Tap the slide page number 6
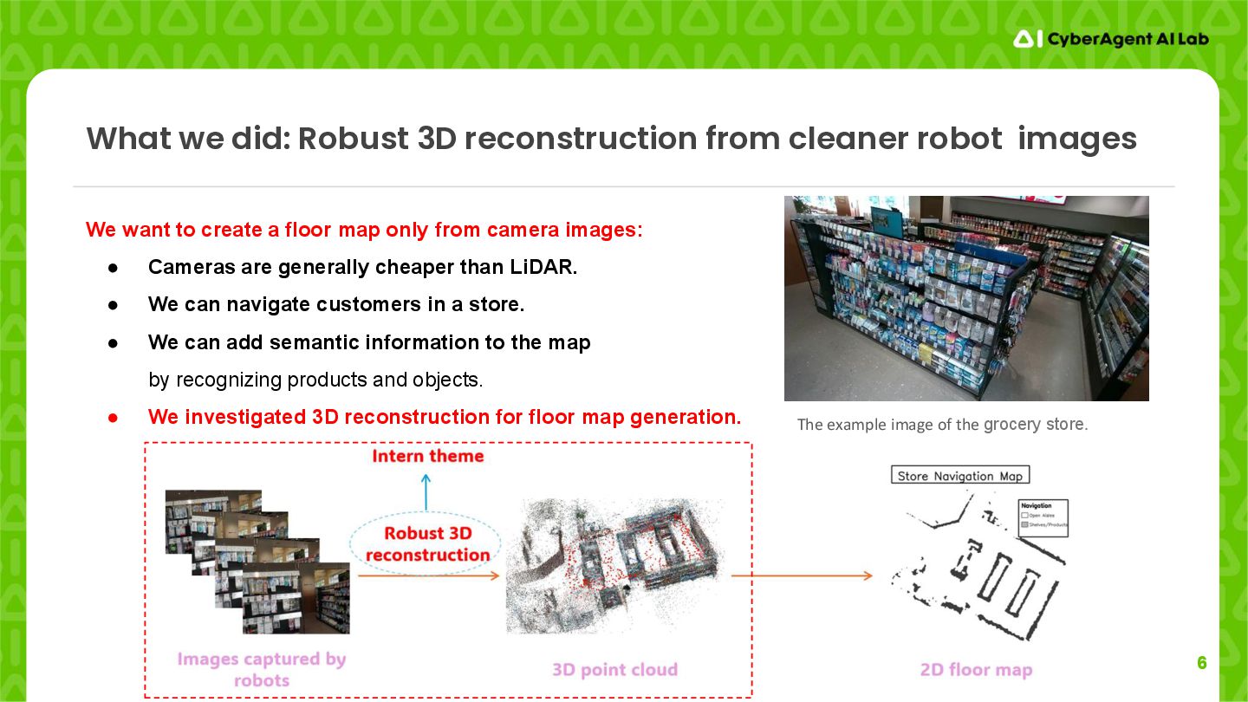1201,663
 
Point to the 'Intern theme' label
427,456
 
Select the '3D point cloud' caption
614,670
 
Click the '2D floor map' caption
976,670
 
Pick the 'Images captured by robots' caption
261,669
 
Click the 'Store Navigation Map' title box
960,475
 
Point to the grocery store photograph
966,298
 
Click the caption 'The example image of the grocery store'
942,425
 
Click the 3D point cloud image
614,563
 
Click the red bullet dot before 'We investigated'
113,417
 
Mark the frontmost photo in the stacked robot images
296,598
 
